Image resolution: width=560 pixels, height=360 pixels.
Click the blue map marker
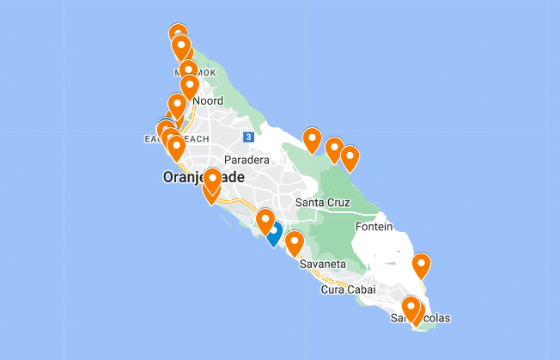pyautogui.click(x=273, y=232)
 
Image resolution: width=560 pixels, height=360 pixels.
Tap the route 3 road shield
pyautogui.click(x=247, y=137)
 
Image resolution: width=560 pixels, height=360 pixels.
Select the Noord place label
pyautogui.click(x=208, y=101)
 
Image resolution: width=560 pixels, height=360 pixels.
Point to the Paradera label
pyautogui.click(x=247, y=160)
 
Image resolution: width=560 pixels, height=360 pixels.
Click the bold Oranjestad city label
pyautogui.click(x=203, y=178)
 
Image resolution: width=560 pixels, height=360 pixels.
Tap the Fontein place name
pyautogui.click(x=373, y=227)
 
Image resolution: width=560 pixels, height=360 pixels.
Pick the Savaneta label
pyautogui.click(x=322, y=264)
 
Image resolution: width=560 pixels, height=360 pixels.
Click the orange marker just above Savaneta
pyautogui.click(x=294, y=243)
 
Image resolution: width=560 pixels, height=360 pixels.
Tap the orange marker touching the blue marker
pyautogui.click(x=265, y=220)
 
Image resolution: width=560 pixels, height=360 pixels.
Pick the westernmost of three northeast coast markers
pyautogui.click(x=312, y=139)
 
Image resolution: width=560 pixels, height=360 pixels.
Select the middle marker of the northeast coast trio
pyautogui.click(x=334, y=149)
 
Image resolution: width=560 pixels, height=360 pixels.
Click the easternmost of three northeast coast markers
pyautogui.click(x=350, y=157)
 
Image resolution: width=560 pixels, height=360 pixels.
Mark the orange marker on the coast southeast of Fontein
pyautogui.click(x=421, y=265)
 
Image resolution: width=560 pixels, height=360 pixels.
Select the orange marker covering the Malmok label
pyautogui.click(x=188, y=70)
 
